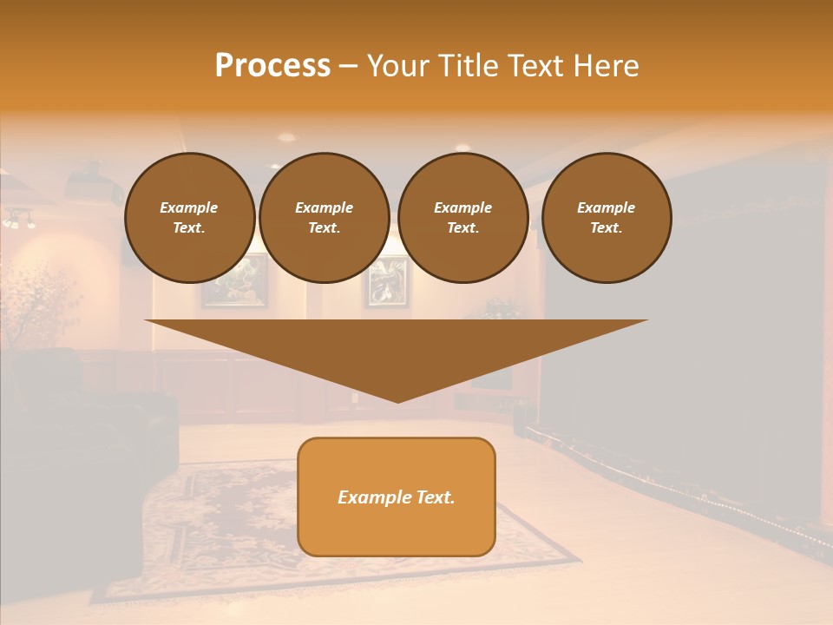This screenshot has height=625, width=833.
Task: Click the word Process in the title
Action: click(272, 66)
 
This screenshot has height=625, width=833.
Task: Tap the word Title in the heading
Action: click(464, 66)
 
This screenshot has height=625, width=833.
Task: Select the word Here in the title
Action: click(607, 66)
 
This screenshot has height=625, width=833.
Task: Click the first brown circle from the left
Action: click(189, 218)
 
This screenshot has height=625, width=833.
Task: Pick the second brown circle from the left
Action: click(324, 218)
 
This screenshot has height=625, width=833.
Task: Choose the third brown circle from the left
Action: click(462, 218)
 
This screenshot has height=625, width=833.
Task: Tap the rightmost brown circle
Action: click(606, 218)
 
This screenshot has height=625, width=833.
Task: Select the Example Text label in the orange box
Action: click(397, 497)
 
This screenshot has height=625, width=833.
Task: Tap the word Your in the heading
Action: click(397, 66)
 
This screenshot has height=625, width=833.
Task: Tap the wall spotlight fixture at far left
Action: click(19, 220)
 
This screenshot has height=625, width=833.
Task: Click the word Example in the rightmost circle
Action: click(606, 207)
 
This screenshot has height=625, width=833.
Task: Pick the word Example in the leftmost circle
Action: click(189, 207)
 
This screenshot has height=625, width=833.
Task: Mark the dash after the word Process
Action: click(348, 66)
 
